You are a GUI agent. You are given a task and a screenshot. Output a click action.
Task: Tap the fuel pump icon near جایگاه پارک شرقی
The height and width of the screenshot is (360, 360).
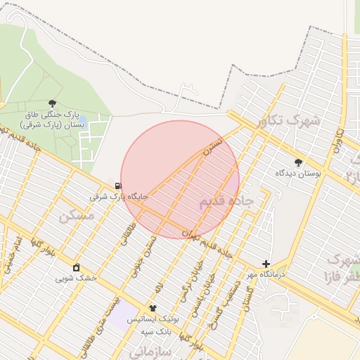point(117,186)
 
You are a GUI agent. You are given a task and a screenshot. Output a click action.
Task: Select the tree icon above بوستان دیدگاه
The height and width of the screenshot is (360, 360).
point(298,162)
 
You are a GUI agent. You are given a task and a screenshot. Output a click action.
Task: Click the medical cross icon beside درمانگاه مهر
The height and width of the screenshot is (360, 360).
point(266,264)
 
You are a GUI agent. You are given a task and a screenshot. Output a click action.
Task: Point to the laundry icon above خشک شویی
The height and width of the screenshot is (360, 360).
point(76,268)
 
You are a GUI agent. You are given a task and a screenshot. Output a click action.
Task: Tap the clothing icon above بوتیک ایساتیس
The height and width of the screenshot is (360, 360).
point(153,308)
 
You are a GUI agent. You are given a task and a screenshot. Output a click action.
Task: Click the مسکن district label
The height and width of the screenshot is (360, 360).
point(77,215)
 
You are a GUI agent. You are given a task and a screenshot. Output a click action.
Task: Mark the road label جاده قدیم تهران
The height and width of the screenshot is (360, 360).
point(207,242)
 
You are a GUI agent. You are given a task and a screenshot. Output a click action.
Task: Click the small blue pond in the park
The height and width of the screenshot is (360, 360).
point(82,118)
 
